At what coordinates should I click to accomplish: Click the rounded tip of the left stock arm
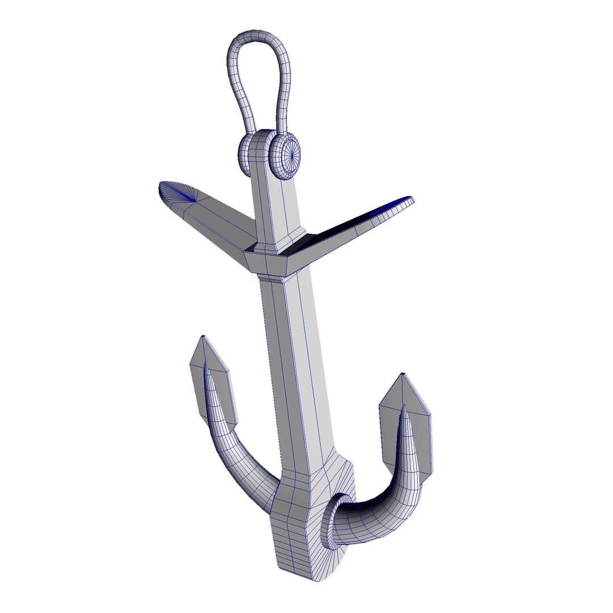pos(168,190)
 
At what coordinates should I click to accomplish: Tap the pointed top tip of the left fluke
pos(203,339)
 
